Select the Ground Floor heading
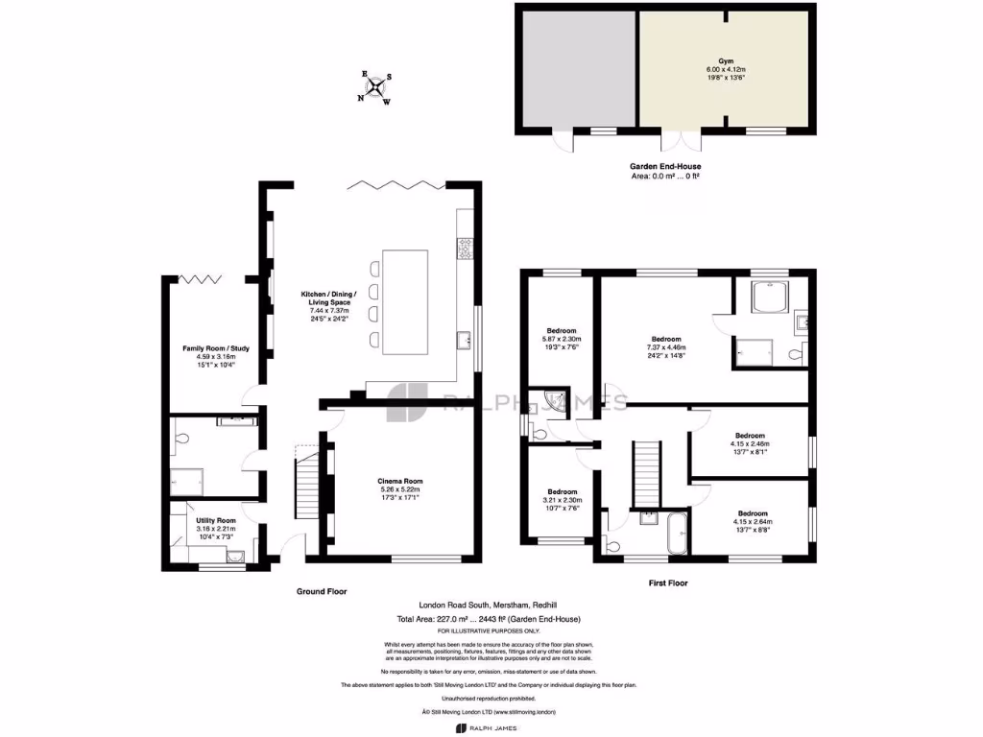[x=321, y=592]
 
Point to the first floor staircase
[x=647, y=471]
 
